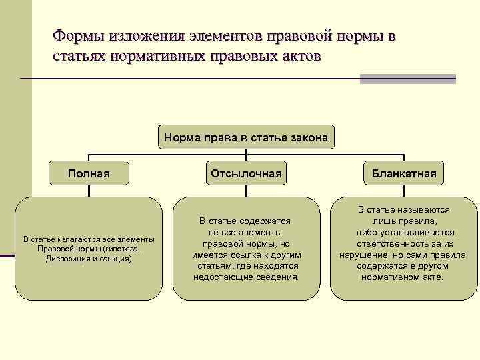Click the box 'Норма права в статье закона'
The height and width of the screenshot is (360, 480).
coord(245,138)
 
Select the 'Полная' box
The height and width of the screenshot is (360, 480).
coord(89,174)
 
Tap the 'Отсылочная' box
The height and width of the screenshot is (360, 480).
coord(246,174)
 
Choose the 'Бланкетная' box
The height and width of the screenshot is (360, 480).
coord(404,174)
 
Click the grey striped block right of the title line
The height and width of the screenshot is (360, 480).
coord(407,79)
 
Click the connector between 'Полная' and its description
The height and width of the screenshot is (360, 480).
coord(89,191)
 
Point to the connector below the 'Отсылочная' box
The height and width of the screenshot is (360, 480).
coord(246,191)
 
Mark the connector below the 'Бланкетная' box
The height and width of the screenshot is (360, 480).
coord(404,191)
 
